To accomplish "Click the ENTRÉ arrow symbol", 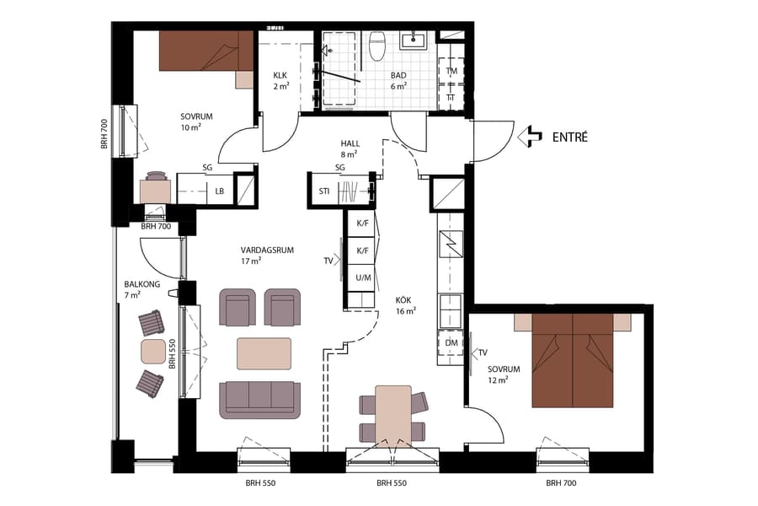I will point(529,137).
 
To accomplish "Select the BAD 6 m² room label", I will point(398,80).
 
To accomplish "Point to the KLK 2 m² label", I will point(280,80).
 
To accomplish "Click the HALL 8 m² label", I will point(350,149).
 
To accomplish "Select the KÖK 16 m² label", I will point(406,304).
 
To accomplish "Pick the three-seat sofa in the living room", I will point(259,399).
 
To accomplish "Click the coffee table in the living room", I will point(264,353).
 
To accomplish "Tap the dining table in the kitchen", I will point(392,413).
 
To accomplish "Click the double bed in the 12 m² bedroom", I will point(573,358).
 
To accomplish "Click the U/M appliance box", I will point(364,277).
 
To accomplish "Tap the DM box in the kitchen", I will point(451,342).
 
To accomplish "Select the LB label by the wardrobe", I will point(220,191).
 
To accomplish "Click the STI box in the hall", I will point(323,191).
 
